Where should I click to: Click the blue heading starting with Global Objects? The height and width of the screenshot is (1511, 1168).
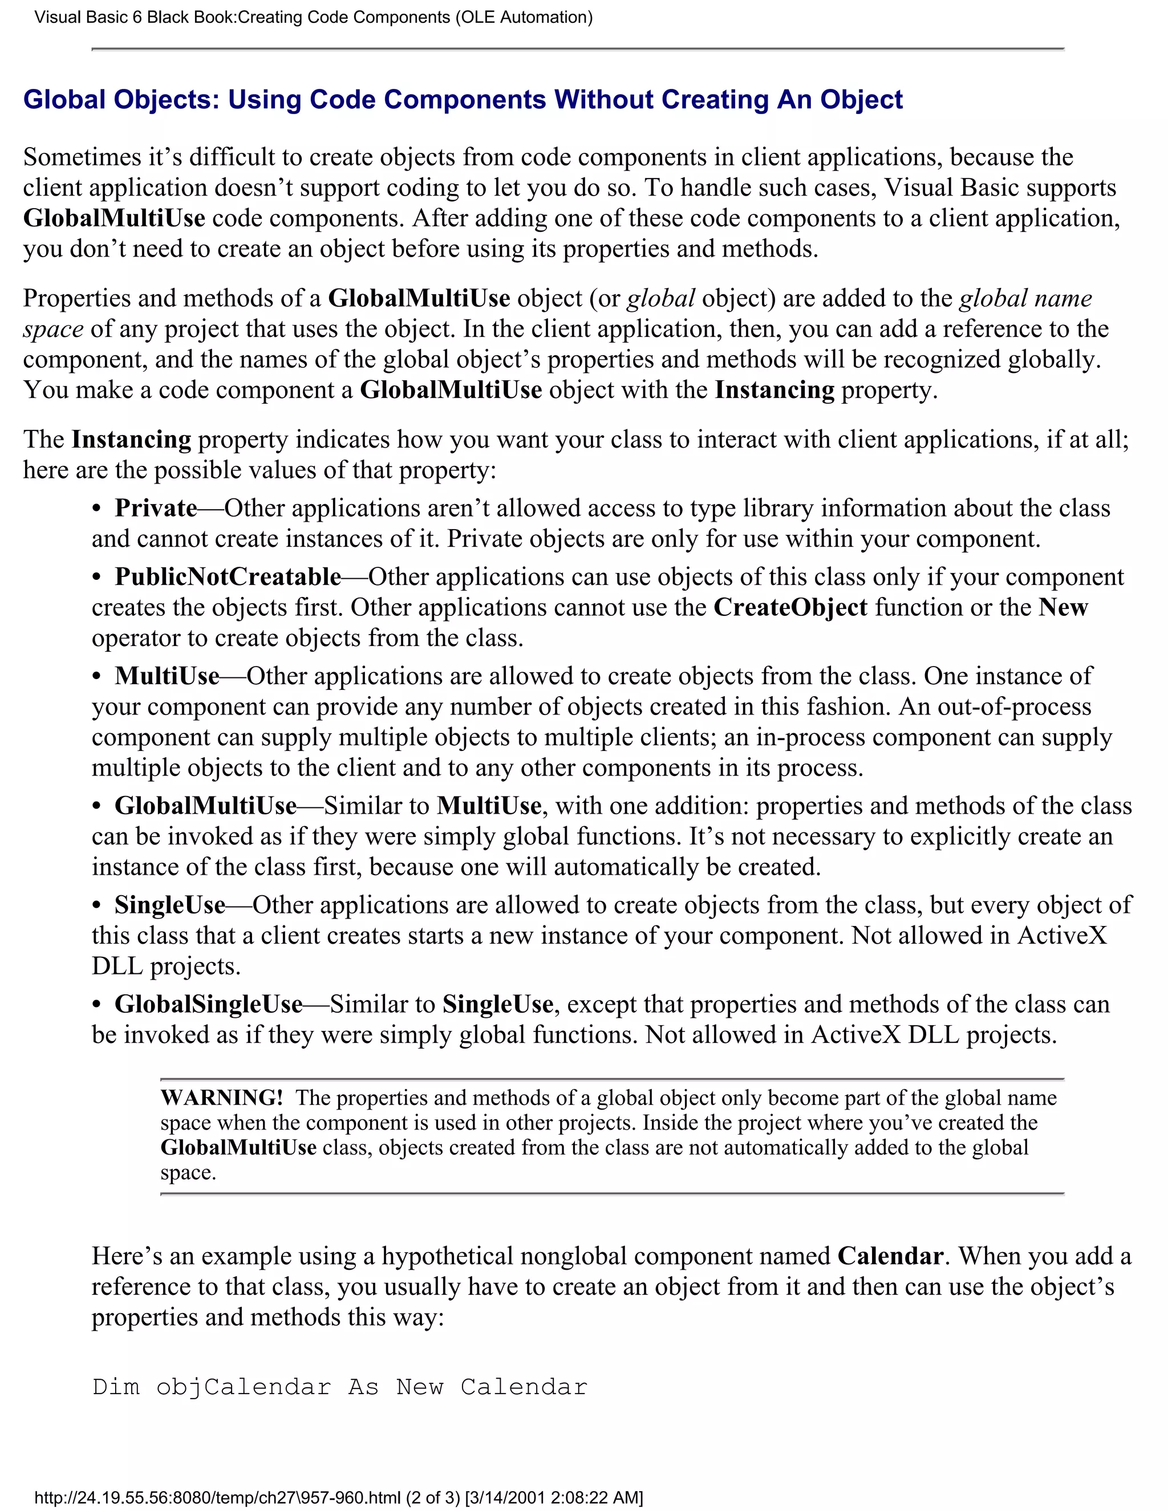click(x=462, y=100)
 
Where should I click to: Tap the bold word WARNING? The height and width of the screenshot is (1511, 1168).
click(x=221, y=1098)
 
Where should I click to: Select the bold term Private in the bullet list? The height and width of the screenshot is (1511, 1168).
click(x=156, y=508)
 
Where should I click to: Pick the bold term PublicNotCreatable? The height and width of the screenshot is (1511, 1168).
click(x=228, y=576)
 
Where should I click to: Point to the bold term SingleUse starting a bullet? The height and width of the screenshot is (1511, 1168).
click(x=169, y=904)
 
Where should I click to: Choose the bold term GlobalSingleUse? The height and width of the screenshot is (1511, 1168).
click(x=208, y=1004)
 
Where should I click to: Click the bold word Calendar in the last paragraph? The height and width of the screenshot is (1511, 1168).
click(x=890, y=1256)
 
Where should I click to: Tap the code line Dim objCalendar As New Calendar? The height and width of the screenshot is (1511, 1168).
click(x=339, y=1387)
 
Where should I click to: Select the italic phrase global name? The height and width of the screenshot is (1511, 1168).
click(x=1025, y=298)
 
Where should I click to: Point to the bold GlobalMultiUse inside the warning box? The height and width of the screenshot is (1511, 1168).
click(x=238, y=1148)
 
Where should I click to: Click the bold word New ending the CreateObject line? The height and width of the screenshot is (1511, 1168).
click(x=1063, y=607)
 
